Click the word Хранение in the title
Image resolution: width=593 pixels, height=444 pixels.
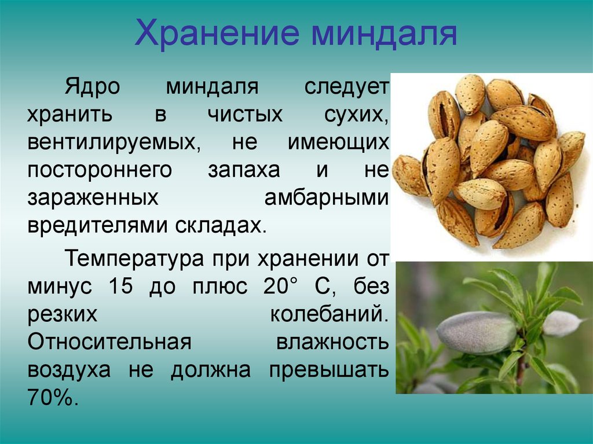pos(217,33)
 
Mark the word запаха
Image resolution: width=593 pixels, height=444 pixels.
pos(244,171)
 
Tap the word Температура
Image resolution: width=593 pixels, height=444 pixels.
pos(134,259)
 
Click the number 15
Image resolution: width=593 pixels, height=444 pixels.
pos(120,286)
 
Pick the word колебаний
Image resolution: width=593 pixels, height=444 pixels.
pos(330,314)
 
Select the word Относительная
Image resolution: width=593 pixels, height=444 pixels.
pos(109,342)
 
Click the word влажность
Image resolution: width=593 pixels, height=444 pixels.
pos(332,342)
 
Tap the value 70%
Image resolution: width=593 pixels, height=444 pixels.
pos(53,397)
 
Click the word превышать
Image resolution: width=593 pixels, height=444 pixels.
pos(329,370)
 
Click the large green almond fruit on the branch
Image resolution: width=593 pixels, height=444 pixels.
pos(477,332)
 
